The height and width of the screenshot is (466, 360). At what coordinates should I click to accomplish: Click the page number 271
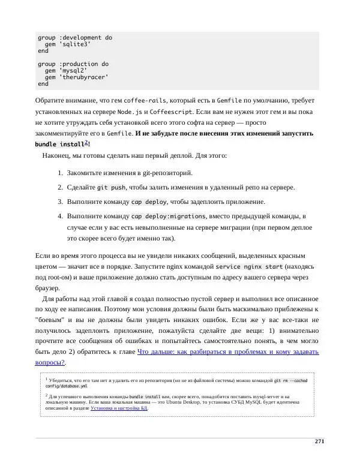tap(319, 441)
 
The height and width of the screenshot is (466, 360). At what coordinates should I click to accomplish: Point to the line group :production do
tap(73, 64)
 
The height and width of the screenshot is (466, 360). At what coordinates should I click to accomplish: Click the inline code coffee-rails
tap(145, 101)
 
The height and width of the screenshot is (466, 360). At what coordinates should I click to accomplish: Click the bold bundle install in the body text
tap(59, 145)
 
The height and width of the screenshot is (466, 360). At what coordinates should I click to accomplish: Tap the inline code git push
tap(110, 188)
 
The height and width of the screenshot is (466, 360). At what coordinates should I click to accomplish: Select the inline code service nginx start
tap(249, 266)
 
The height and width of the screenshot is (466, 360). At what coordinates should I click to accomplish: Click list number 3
tap(61, 202)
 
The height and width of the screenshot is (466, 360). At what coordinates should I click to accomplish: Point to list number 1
tap(61, 173)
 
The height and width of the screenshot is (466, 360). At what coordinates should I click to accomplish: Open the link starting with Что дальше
tap(228, 352)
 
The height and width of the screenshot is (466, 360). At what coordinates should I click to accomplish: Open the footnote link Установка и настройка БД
tap(119, 408)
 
